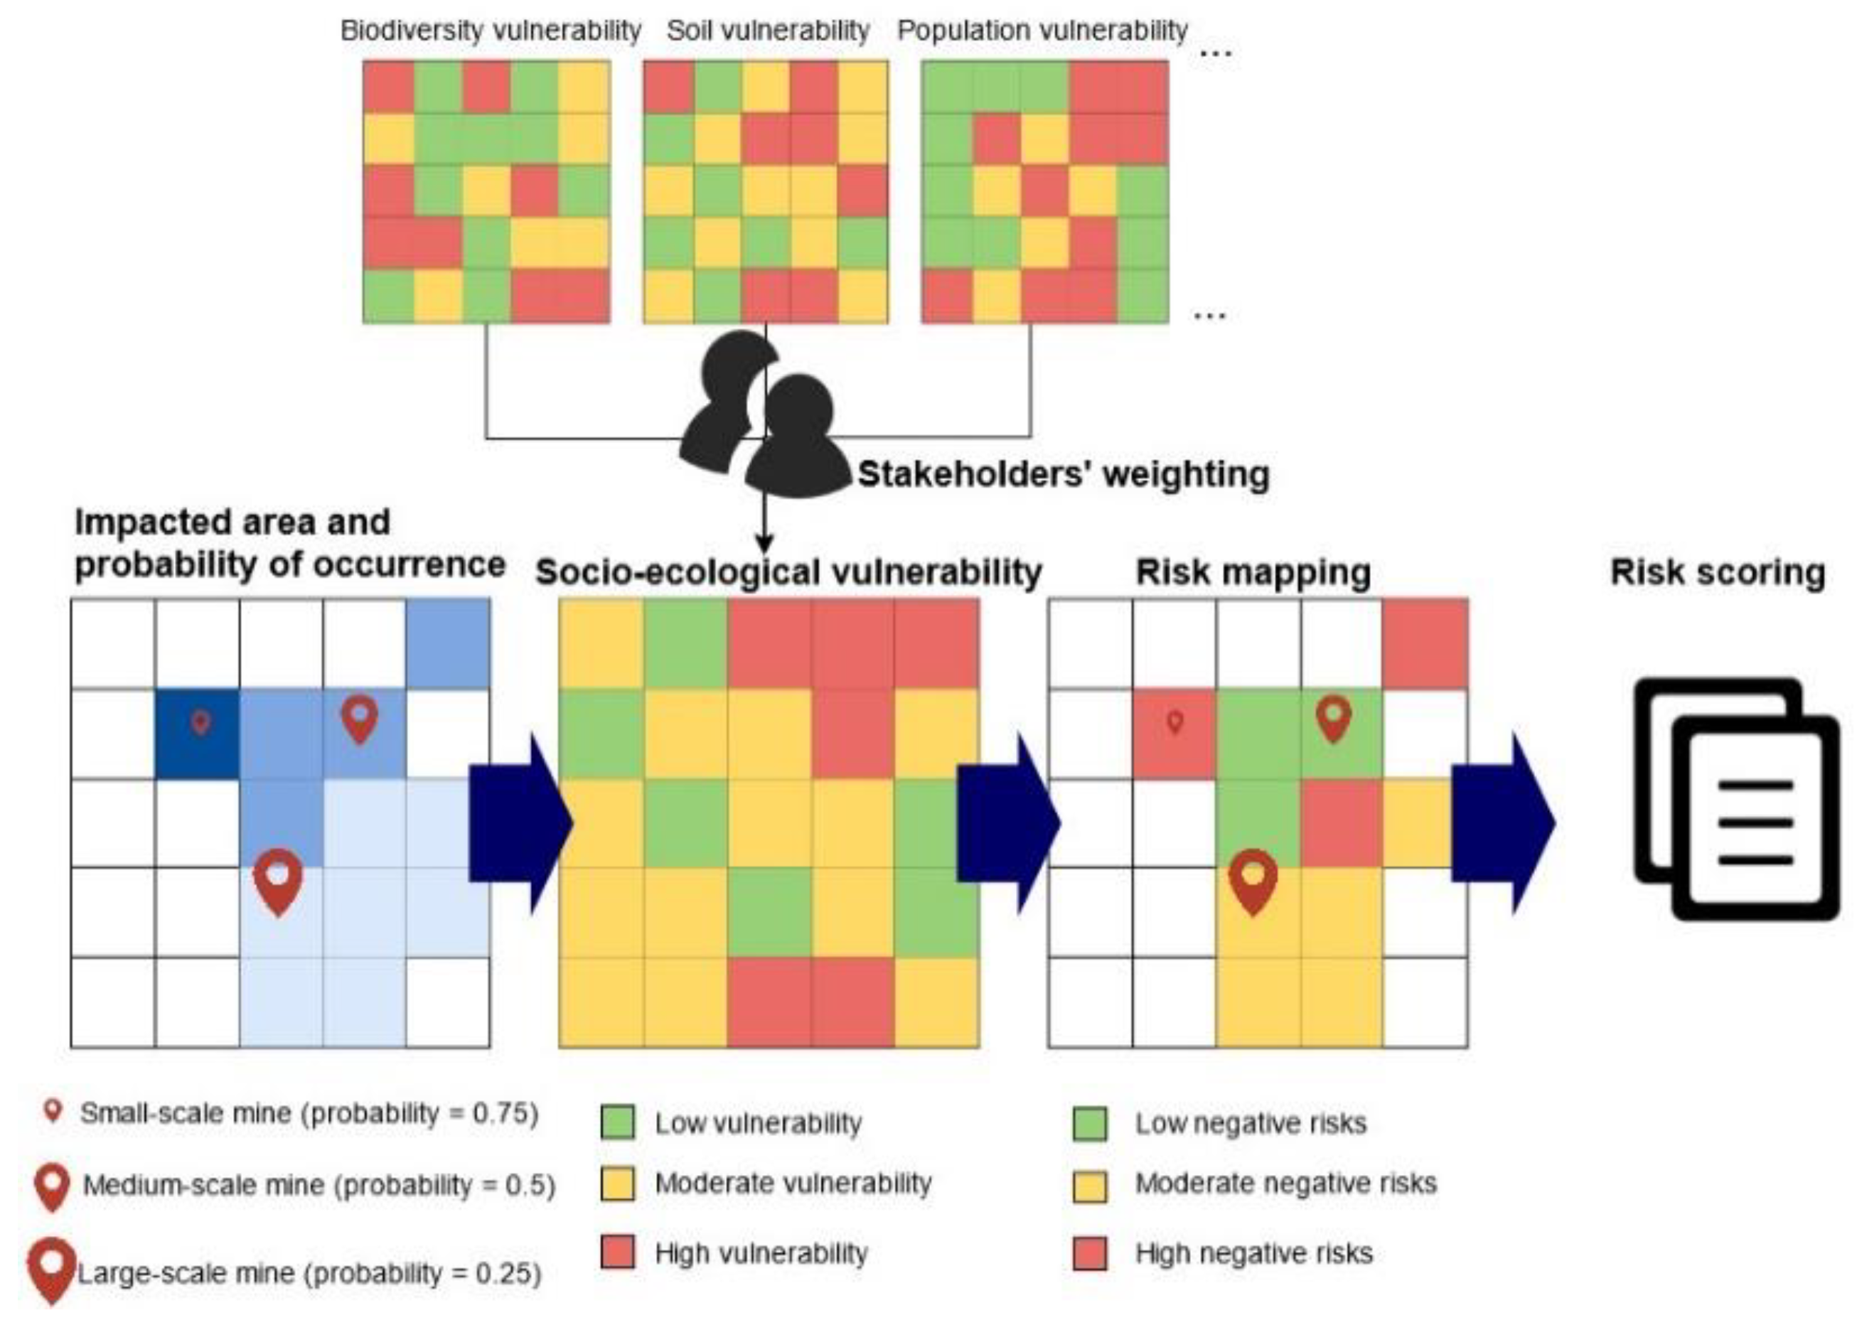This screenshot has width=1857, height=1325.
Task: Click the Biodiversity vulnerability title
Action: coord(491,31)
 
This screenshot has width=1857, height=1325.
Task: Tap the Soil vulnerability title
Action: coord(768,31)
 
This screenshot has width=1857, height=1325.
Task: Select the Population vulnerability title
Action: coord(1042,31)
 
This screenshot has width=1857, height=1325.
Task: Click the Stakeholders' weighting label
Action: coord(1063,474)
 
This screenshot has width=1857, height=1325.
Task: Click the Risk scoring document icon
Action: coord(1735,799)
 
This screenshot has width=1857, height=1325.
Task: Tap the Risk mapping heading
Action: coord(1253,572)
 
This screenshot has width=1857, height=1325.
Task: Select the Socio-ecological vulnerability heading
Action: coord(788,572)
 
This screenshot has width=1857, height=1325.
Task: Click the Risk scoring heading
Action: coord(1718,572)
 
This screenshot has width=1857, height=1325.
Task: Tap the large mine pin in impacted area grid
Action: coord(278,879)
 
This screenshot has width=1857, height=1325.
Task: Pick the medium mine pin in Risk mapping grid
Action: coord(1333,718)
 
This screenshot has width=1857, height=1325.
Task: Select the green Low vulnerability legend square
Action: coord(617,1122)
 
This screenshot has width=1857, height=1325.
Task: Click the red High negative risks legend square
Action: coord(1090,1253)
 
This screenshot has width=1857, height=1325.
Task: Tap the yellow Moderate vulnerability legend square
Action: coord(617,1184)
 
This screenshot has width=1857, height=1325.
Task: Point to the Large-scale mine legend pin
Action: coord(52,1269)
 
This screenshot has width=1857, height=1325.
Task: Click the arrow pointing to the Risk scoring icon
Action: coord(1503,822)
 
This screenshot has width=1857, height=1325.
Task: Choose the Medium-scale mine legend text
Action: coord(319,1185)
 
